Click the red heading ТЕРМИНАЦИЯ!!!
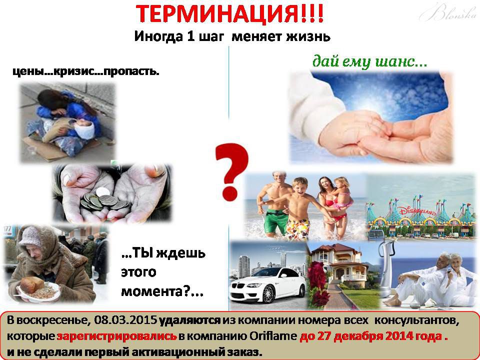229,14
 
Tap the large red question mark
231,171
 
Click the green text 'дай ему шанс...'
369,61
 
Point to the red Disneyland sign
416,211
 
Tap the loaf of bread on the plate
32,284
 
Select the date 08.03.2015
125,320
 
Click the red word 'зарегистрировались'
116,336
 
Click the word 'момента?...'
162,291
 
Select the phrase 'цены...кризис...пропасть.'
86,71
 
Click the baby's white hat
84,129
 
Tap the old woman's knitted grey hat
30,236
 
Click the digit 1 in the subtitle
189,36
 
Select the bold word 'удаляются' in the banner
190,320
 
